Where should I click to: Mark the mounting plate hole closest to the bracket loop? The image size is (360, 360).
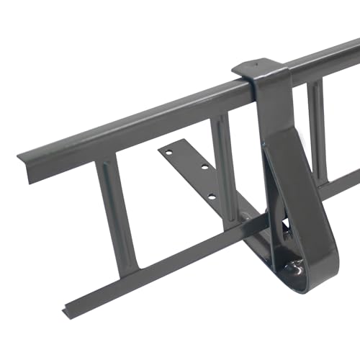210,196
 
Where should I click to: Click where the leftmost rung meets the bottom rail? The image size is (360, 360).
127,270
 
